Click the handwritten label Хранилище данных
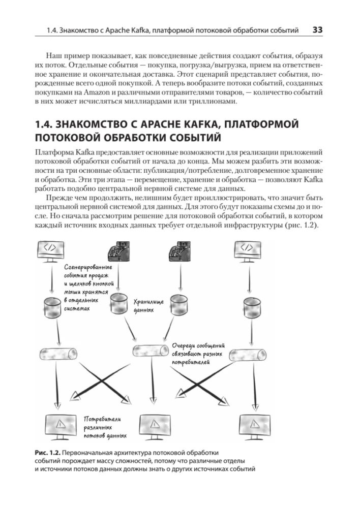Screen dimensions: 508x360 (x=148, y=304)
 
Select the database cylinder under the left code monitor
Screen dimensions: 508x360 (x=52, y=304)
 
